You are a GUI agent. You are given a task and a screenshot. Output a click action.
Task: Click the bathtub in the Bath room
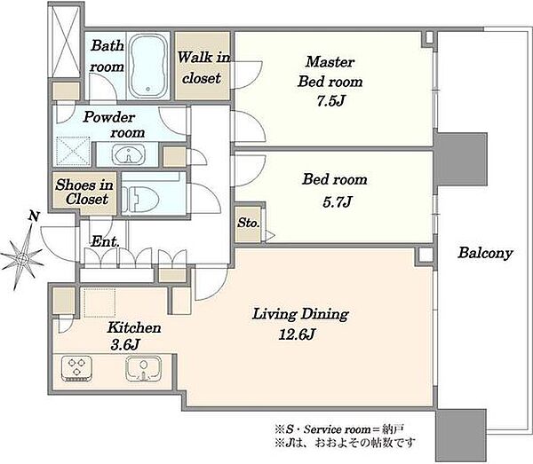click(148, 65)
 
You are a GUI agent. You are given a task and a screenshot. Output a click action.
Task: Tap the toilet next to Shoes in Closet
click(140, 201)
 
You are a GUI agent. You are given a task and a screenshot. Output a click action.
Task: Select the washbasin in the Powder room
click(128, 154)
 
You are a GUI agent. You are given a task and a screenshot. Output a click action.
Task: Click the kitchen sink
click(143, 369)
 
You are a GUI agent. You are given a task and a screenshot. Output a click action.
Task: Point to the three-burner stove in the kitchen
click(76, 368)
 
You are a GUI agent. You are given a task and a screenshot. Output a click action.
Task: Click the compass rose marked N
click(22, 255)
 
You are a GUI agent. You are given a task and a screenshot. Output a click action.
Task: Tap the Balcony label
click(485, 253)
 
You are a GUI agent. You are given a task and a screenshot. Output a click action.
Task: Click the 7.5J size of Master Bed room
click(331, 101)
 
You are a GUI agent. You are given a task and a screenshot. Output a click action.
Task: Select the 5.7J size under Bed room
click(337, 202)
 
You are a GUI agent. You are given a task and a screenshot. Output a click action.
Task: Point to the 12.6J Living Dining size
click(297, 334)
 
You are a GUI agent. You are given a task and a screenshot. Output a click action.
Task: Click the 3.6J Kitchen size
click(125, 345)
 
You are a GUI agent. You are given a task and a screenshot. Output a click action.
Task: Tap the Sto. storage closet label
click(249, 223)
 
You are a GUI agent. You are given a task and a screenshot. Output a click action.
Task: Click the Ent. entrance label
click(105, 241)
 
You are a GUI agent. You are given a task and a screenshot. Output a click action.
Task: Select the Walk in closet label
click(203, 67)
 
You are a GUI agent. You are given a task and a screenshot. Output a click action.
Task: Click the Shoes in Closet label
click(84, 192)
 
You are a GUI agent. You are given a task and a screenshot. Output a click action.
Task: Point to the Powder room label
click(115, 124)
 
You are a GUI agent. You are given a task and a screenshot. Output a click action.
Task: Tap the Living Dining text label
click(300, 314)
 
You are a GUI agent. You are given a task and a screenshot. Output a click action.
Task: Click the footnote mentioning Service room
click(339, 429)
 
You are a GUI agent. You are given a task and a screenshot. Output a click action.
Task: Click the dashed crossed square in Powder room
click(74, 151)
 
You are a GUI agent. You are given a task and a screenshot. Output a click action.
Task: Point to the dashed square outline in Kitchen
click(99, 303)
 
